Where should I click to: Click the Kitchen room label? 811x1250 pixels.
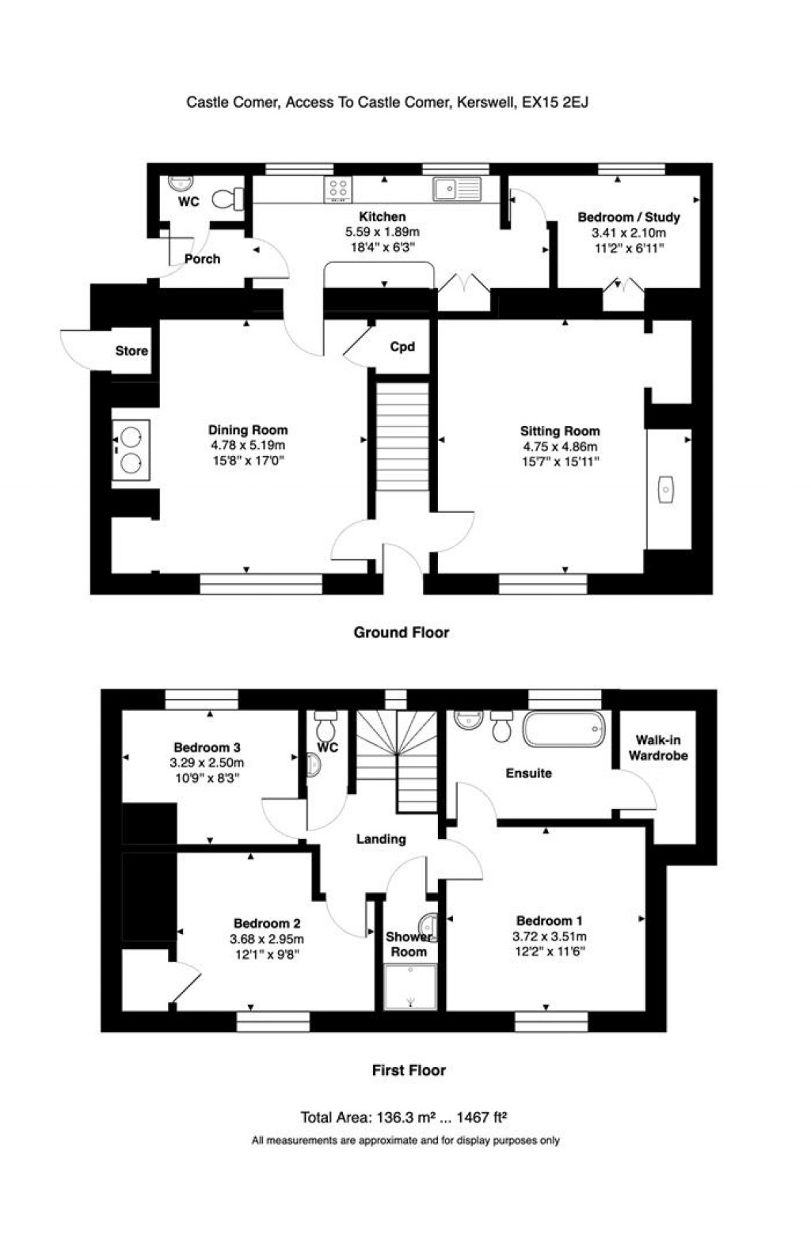383,217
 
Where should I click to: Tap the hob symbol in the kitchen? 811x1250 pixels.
339,190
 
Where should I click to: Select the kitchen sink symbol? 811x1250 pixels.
456,188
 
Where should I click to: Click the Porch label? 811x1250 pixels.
203,259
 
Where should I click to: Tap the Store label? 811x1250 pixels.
131,351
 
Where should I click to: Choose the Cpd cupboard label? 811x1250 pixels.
402,347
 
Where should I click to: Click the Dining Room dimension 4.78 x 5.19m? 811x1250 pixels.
248,446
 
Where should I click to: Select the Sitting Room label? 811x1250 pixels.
560,431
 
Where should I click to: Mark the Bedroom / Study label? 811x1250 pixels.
629,217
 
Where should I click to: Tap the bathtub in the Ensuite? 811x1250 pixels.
565,729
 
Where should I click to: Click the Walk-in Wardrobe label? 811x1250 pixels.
658,748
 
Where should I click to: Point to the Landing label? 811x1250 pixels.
381,839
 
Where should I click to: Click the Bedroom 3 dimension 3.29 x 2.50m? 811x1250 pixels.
207,763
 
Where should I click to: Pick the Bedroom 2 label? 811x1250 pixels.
267,924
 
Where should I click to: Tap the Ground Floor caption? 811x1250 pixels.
402,633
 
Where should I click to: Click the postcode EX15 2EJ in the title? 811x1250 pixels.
555,103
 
